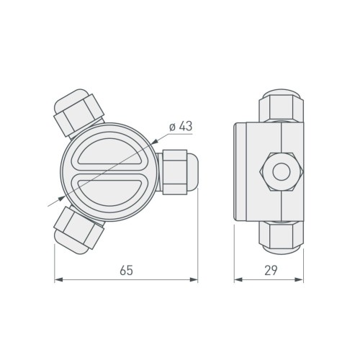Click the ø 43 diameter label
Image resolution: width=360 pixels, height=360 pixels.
pyautogui.click(x=179, y=127)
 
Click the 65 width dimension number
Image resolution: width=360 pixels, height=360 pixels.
pyautogui.click(x=126, y=271)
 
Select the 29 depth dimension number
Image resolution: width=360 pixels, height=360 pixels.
pyautogui.click(x=272, y=271)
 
